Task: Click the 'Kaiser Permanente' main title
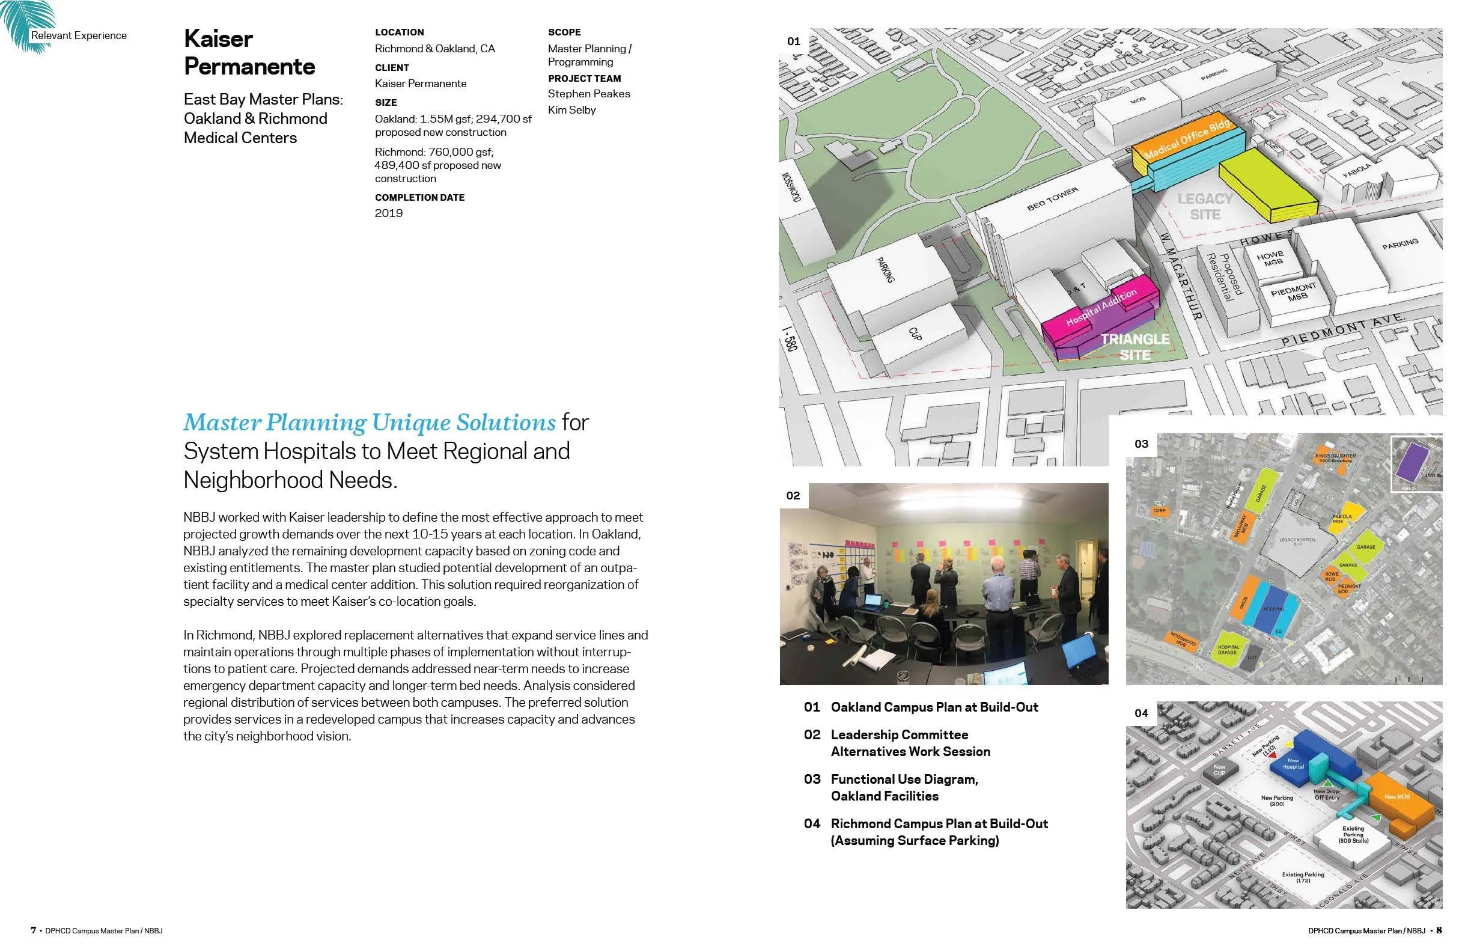(x=249, y=52)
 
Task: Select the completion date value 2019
(x=388, y=213)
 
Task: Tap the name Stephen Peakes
(x=588, y=94)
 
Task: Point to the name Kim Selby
(x=571, y=110)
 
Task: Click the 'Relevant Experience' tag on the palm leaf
(x=79, y=36)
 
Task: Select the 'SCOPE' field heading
(x=564, y=32)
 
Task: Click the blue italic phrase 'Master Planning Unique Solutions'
(x=369, y=423)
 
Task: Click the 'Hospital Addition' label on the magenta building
(x=1101, y=307)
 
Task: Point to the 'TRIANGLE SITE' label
(x=1134, y=347)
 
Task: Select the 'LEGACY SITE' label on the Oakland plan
(x=1205, y=207)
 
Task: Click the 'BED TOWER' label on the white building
(x=1052, y=199)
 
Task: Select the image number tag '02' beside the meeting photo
(x=793, y=496)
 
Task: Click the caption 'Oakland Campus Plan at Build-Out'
(x=934, y=707)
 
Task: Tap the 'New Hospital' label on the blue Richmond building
(x=1293, y=763)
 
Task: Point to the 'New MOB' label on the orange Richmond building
(x=1397, y=797)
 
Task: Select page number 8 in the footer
(x=1439, y=930)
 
